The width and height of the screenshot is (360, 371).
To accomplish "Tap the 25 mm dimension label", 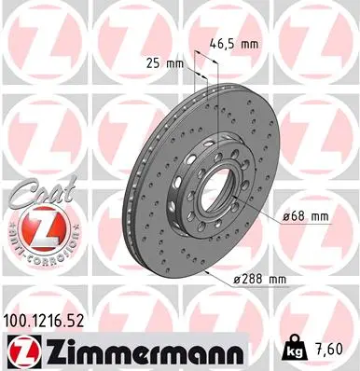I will click(162, 63).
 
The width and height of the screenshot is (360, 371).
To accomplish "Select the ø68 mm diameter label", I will click(307, 216).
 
